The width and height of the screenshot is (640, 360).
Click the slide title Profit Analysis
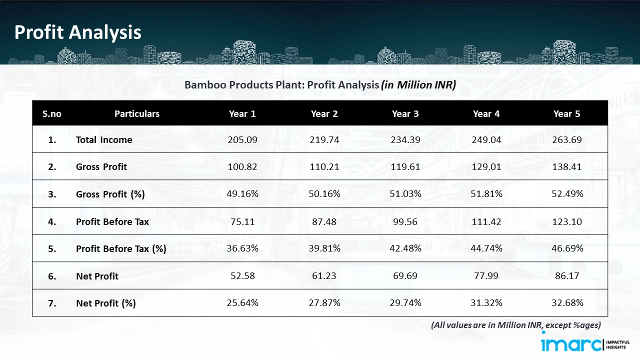point(78,32)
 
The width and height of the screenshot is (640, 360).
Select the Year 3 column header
point(405,114)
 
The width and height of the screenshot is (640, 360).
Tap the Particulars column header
point(136,114)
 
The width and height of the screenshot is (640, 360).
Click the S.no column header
point(52,114)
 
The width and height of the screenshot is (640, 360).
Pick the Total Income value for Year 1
point(242,140)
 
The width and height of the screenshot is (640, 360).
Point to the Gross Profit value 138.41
point(566,167)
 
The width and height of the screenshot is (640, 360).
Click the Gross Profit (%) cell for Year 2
point(324,194)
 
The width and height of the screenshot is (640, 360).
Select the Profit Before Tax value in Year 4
point(486,221)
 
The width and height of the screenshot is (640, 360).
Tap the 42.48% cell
point(405,248)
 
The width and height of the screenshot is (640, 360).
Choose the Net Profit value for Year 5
point(566,275)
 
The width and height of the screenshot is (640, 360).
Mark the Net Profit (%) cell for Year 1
point(242,303)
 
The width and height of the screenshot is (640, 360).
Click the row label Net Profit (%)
point(105,303)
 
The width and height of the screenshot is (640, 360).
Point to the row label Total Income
point(104,140)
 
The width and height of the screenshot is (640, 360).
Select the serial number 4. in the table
point(52,221)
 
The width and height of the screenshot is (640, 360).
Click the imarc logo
point(571,344)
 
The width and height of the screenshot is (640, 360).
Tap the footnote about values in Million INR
point(515,325)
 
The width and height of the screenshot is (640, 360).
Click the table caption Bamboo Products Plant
point(320,85)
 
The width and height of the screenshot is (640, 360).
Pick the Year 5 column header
point(566,114)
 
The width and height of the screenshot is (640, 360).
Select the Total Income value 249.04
point(486,140)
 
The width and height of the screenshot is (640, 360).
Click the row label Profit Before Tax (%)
point(120,248)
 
